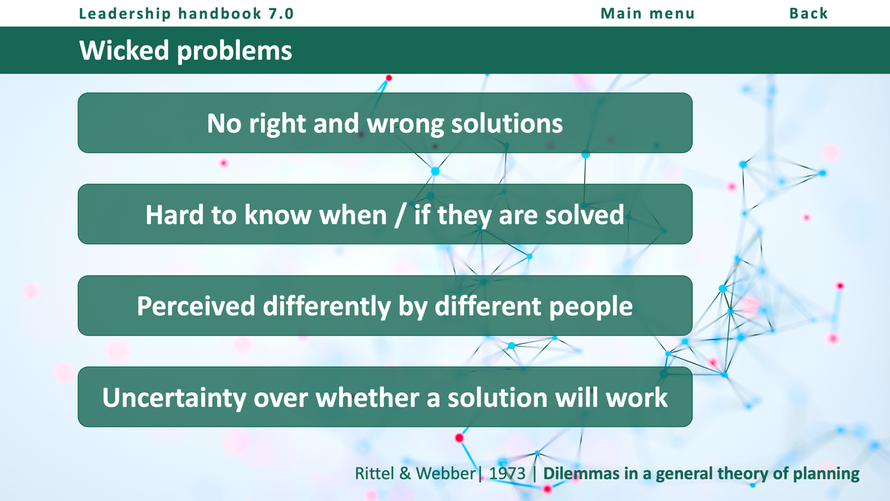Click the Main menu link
pos(647,13)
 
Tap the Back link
pos(809,13)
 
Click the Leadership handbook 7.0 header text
pos(186,13)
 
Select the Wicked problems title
pos(186,51)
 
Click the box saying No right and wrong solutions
pos(385,123)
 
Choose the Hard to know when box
pos(385,214)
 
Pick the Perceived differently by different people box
pos(385,306)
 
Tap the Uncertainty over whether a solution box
pos(385,397)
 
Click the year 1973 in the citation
pos(507,474)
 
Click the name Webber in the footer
pos(446,474)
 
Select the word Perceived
pos(196,306)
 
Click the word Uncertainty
pos(174,397)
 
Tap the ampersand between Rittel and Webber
pos(405,474)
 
